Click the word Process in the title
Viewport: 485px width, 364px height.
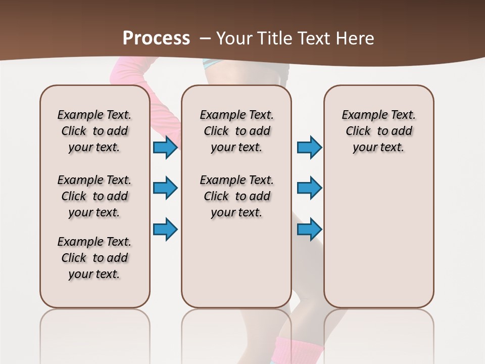(156, 38)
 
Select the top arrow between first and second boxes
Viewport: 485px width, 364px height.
(165, 147)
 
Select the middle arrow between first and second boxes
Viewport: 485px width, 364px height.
(165, 188)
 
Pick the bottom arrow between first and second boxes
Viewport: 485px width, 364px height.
(165, 229)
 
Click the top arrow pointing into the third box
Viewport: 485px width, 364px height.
(309, 147)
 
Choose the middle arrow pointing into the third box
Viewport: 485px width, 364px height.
(309, 188)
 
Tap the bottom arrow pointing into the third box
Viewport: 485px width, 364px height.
(309, 229)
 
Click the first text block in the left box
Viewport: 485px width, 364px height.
(94, 131)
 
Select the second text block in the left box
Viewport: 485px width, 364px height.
(94, 196)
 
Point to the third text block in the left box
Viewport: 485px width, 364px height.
(94, 258)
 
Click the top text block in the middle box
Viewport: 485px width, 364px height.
(237, 131)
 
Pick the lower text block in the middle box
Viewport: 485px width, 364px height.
(237, 196)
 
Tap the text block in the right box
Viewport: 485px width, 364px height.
(379, 131)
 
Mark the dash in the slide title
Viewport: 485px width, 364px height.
(206, 38)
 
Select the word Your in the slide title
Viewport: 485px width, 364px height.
(235, 38)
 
